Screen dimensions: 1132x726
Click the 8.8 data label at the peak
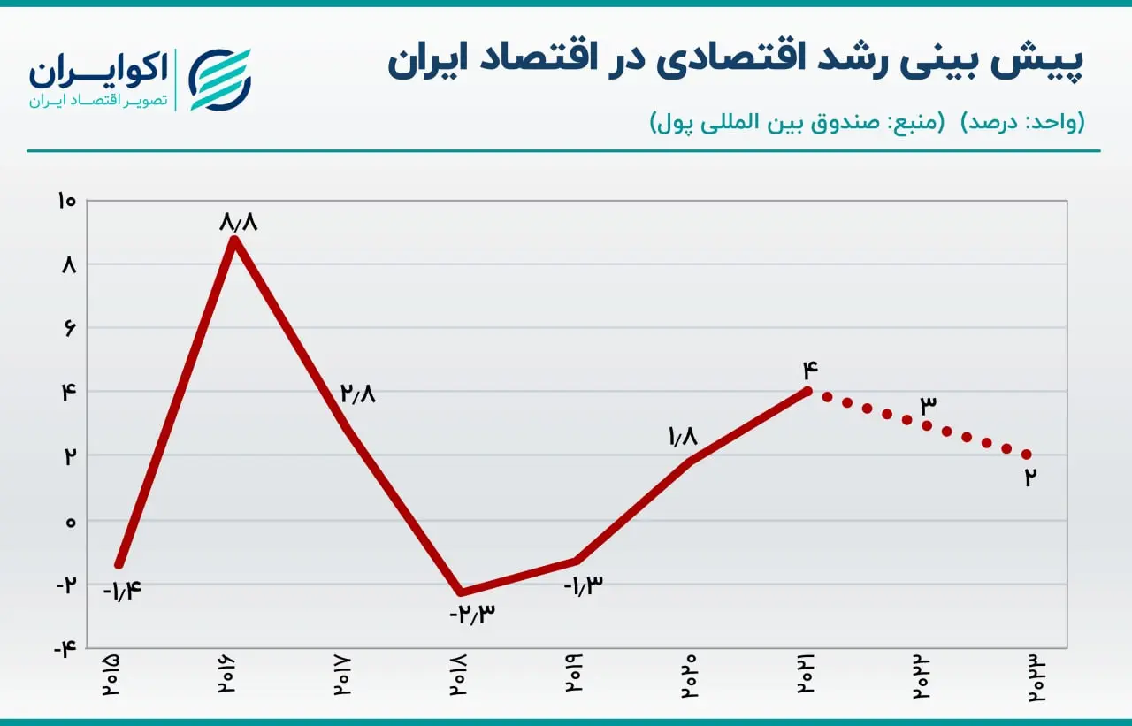coord(239,221)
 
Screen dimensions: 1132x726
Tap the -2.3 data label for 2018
coord(472,614)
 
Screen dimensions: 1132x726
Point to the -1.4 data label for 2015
coord(122,590)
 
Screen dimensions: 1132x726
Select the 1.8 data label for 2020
coord(683,436)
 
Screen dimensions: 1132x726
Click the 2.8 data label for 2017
coord(358,393)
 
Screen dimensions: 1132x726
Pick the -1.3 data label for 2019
coord(583,585)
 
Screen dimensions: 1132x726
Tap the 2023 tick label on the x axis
coord(1036,678)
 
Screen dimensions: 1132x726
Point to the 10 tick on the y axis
coord(66,201)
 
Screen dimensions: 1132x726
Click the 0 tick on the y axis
coord(71,522)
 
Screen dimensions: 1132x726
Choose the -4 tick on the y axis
coord(65,647)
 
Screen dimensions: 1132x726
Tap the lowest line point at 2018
coord(461,592)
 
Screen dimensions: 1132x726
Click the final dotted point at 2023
coord(1027,455)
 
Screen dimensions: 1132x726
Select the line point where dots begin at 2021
coord(807,391)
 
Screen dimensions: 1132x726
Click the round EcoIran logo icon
coord(220,80)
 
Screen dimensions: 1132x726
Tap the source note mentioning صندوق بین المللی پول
coord(797,122)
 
